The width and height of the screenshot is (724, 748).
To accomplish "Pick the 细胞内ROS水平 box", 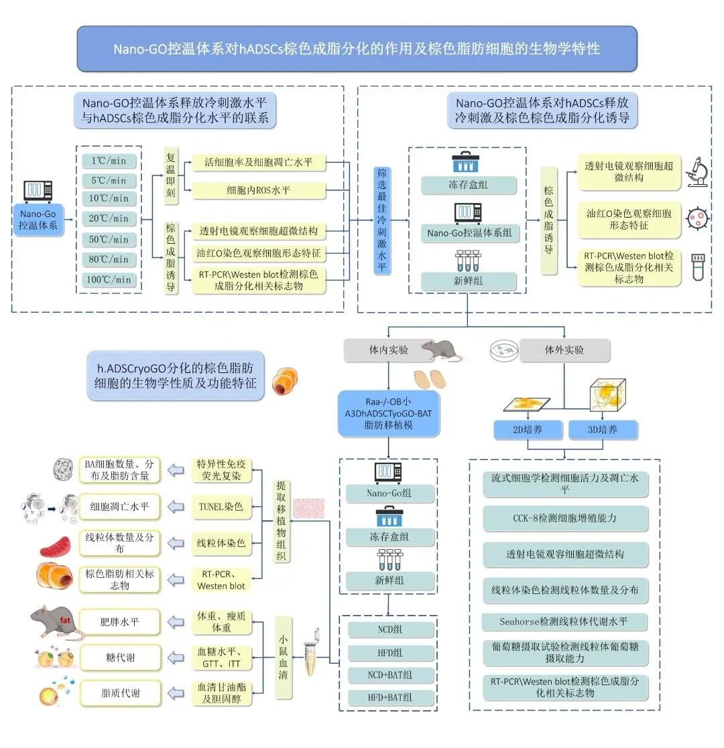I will coord(258,190).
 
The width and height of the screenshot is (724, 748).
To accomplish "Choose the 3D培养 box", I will coord(603,429).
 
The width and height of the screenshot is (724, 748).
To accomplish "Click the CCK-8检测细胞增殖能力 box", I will coord(564,518).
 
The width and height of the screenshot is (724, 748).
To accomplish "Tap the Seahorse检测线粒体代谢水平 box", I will coord(564,621).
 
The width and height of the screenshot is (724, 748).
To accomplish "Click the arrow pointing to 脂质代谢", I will coord(176,694).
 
